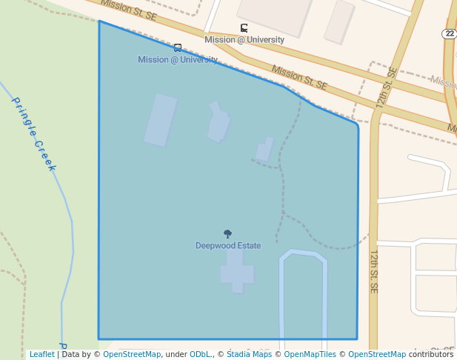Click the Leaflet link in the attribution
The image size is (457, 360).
[41, 354]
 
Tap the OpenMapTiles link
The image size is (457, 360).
[310, 354]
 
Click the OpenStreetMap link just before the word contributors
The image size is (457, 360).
[376, 354]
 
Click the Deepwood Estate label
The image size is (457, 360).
[228, 246]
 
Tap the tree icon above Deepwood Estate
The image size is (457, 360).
[228, 234]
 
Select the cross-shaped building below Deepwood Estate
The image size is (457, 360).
[236, 272]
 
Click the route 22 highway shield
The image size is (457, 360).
[450, 34]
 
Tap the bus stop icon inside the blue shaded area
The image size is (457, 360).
[178, 47]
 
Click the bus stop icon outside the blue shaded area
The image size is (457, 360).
[244, 28]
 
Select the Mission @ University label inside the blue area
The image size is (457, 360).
[178, 59]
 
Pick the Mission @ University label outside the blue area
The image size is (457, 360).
[244, 40]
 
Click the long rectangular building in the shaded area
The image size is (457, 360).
[161, 120]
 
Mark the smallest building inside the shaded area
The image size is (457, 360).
[264, 150]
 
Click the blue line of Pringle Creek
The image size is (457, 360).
[72, 237]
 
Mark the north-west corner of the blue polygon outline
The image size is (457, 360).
[99, 21]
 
